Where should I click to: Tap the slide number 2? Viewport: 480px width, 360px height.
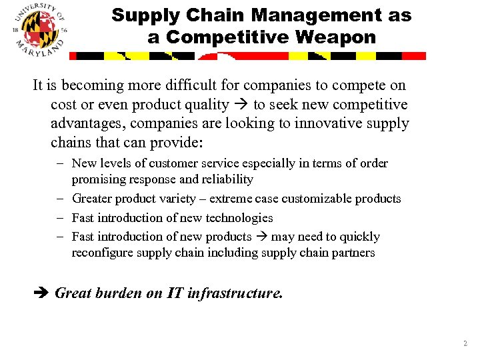pyautogui.click(x=464, y=343)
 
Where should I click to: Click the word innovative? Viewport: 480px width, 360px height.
pyautogui.click(x=308, y=124)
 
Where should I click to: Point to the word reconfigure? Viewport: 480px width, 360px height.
pyautogui.click(x=102, y=253)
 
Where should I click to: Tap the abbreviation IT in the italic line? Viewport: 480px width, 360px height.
pyautogui.click(x=175, y=293)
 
